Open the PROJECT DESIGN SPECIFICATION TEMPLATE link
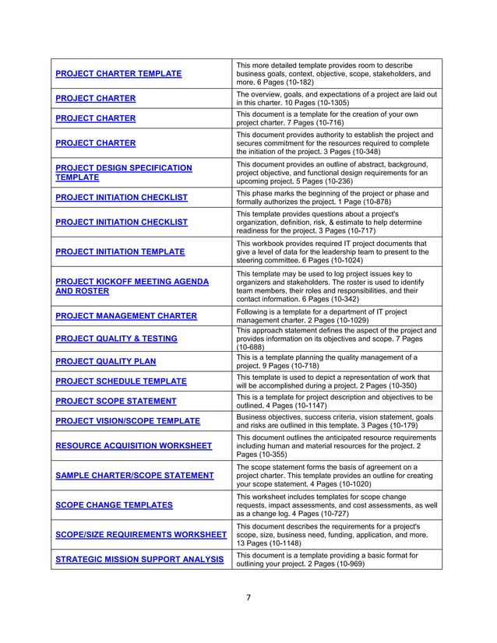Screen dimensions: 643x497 pos(123,172)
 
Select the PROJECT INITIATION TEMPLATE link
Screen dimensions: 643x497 pos(120,251)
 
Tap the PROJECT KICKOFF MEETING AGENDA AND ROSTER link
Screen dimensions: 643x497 pos(131,286)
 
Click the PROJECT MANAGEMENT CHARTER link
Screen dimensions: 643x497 pos(125,316)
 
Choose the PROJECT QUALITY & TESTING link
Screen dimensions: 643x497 pos(116,339)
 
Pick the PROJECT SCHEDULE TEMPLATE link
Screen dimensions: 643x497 pos(121,381)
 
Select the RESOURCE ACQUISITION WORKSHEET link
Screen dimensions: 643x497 pos(133,446)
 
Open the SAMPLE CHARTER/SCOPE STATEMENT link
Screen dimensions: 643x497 pos(134,476)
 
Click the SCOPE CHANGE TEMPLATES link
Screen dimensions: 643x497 pos(114,505)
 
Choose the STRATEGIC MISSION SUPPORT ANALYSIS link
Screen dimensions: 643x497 pos(139,559)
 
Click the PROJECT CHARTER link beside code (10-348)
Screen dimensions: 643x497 pos(95,143)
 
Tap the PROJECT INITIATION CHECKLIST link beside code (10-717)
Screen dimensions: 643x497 pos(121,222)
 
